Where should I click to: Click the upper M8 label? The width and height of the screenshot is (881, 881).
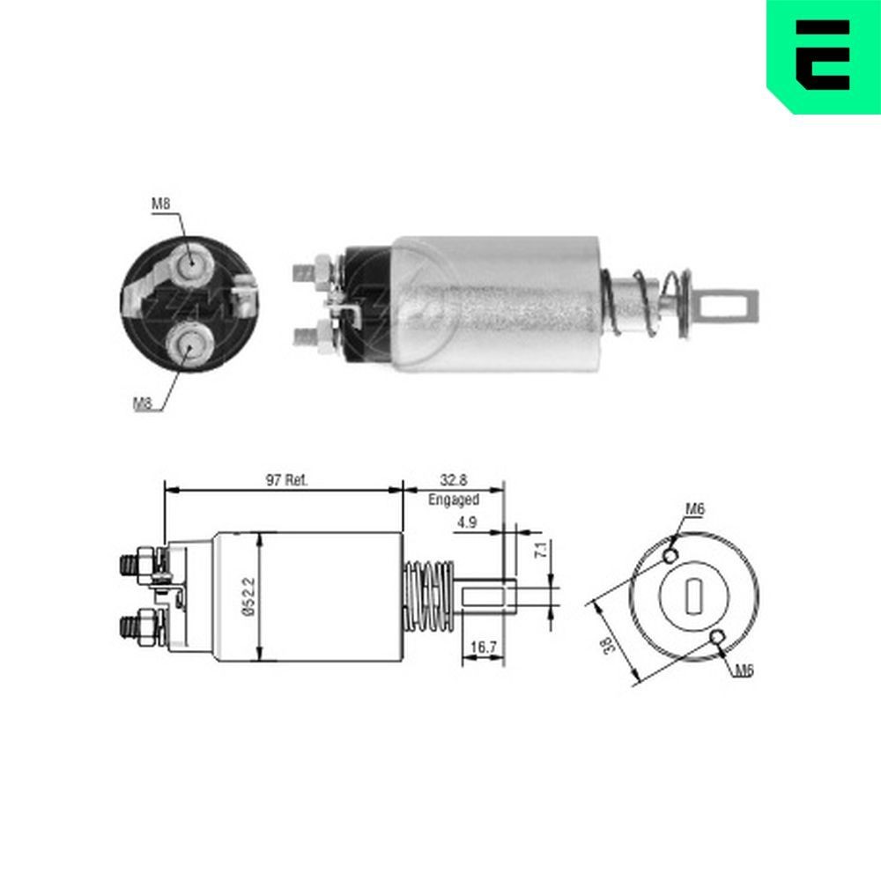[x=160, y=204]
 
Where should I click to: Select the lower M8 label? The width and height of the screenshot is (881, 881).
[x=143, y=403]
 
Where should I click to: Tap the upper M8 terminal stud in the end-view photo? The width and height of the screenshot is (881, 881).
[x=189, y=263]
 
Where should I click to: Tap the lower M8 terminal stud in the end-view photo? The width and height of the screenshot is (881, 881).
[x=189, y=344]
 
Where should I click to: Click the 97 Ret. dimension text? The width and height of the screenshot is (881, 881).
[x=286, y=480]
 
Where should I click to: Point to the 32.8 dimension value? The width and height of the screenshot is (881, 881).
[x=454, y=481]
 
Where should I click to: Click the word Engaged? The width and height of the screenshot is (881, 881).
[x=454, y=500]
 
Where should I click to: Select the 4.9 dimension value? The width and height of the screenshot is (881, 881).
[x=467, y=522]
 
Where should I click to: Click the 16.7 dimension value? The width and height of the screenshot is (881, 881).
[x=482, y=648]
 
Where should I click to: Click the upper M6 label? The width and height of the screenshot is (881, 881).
[x=695, y=509]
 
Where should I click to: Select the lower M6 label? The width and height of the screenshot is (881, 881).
[x=744, y=671]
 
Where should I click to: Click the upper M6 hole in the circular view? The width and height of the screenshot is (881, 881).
[x=670, y=556]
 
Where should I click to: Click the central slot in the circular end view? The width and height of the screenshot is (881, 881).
[x=693, y=596]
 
